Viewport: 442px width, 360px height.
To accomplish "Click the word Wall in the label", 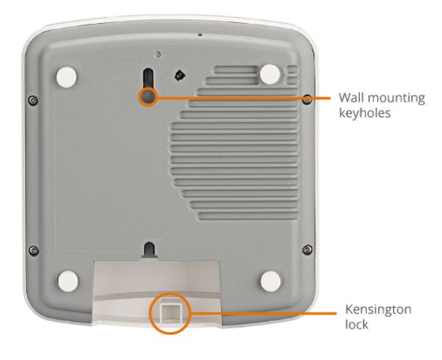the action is click(x=351, y=97).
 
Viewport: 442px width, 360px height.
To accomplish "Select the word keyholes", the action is click(x=365, y=113).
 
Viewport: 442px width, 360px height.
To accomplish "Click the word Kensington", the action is click(x=379, y=310).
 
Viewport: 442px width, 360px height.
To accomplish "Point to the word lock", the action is click(x=357, y=325).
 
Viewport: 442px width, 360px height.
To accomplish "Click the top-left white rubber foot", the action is click(x=66, y=77).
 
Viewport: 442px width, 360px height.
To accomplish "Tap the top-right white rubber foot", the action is click(x=270, y=74).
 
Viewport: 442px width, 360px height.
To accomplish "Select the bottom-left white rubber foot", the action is click(x=68, y=281).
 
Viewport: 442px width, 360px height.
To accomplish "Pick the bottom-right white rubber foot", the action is click(x=270, y=281).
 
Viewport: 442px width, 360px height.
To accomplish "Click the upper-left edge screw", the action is click(x=33, y=100).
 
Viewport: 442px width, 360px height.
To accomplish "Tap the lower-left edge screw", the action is click(x=34, y=250).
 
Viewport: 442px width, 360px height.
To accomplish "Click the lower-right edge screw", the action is click(x=307, y=250).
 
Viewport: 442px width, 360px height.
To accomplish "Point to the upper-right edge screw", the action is click(x=307, y=99).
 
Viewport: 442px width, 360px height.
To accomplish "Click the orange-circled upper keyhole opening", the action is click(x=148, y=96).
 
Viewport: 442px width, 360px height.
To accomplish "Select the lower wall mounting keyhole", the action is click(x=150, y=250).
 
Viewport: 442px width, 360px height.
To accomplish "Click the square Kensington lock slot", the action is click(x=170, y=313).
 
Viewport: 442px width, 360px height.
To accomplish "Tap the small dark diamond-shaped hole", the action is click(x=179, y=75).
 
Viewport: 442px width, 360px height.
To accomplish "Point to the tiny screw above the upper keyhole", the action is click(x=158, y=54).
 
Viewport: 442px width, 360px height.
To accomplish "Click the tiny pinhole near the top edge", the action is click(x=200, y=35).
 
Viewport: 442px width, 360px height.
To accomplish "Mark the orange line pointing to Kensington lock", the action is click(x=264, y=313).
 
